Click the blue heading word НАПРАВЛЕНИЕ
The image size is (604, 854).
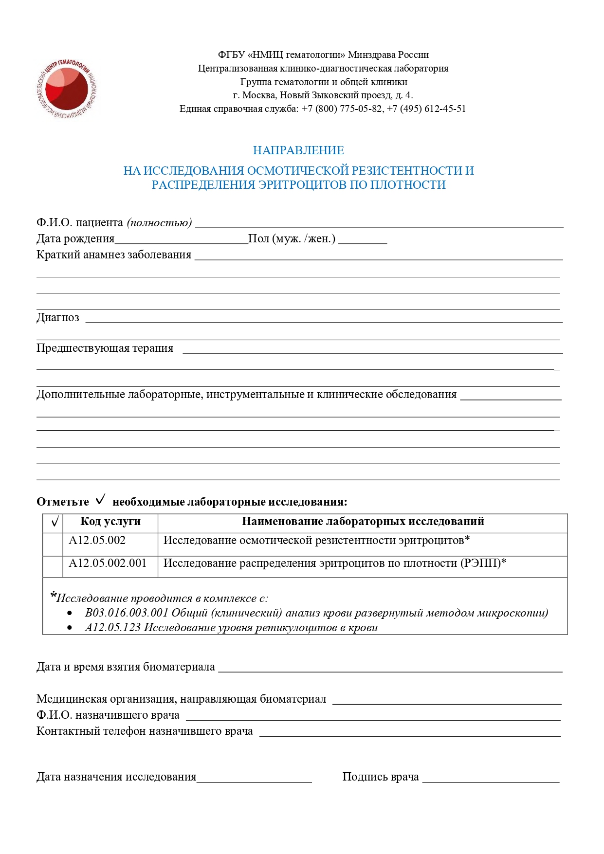click(x=298, y=150)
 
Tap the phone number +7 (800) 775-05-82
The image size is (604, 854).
click(x=342, y=109)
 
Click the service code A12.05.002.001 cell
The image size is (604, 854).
click(x=108, y=563)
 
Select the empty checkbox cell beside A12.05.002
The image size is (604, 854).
click(x=53, y=544)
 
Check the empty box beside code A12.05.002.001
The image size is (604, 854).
click(x=53, y=566)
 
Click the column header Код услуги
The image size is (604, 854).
click(x=110, y=522)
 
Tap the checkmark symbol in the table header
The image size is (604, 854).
click(x=55, y=522)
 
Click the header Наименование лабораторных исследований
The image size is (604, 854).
click(x=363, y=522)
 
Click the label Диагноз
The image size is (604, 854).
click(x=57, y=318)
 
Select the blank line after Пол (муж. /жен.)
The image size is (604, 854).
click(x=363, y=241)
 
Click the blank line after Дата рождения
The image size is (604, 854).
click(x=181, y=241)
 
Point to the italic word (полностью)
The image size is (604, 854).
click(x=159, y=223)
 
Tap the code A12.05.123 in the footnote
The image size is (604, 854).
click(x=112, y=628)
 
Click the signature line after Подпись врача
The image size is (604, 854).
click(x=491, y=779)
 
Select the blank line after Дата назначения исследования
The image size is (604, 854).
click(x=254, y=779)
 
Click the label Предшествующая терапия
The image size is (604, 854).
click(x=105, y=348)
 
